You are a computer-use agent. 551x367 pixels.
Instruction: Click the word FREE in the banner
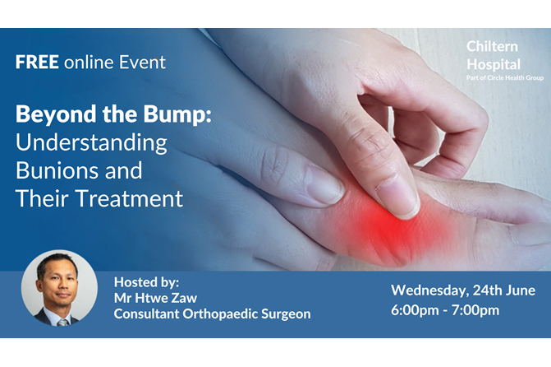pyautogui.click(x=37, y=62)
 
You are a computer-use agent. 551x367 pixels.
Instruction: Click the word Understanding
pyautogui.click(x=91, y=144)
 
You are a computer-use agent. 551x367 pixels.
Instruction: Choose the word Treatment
pyautogui.click(x=129, y=198)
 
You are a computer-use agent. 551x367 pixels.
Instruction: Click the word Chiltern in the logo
pyautogui.click(x=492, y=46)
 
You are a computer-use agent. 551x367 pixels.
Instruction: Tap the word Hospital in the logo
pyautogui.click(x=494, y=64)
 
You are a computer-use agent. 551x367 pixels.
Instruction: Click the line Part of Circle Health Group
pyautogui.click(x=505, y=78)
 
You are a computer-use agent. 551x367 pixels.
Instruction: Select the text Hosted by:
pyautogui.click(x=146, y=282)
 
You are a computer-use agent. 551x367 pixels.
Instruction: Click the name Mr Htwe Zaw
pyautogui.click(x=155, y=298)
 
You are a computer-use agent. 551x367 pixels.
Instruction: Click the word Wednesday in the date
pyautogui.click(x=430, y=290)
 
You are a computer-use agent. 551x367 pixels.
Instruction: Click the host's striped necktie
pyautogui.click(x=62, y=323)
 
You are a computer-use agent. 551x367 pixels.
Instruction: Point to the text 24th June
pyautogui.click(x=504, y=290)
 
